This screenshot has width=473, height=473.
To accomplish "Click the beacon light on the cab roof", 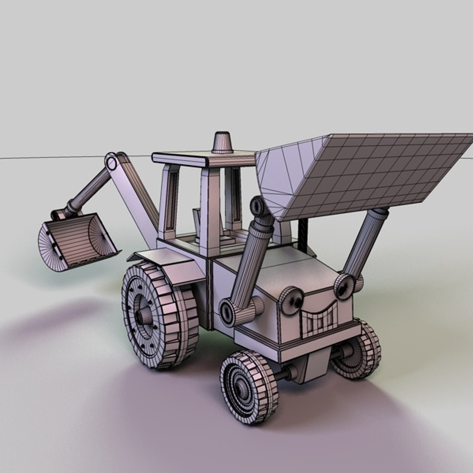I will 223,143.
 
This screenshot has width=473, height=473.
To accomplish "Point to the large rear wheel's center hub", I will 143,316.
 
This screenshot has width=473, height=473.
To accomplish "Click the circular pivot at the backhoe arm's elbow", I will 112,162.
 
